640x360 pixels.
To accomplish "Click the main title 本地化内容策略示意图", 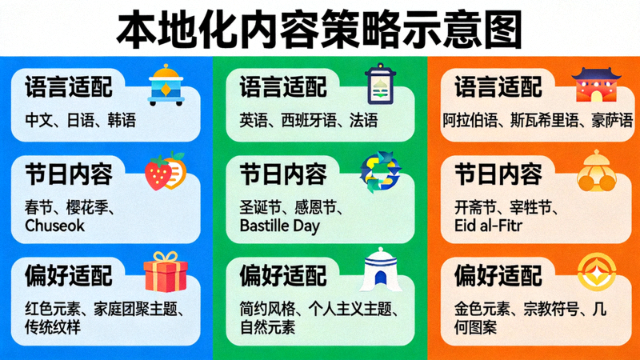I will pyautogui.click(x=320, y=30).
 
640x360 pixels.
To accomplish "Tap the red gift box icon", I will pyautogui.click(x=165, y=270).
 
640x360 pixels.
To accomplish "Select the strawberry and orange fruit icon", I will pyautogui.click(x=165, y=172).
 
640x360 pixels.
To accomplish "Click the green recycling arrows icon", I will pyautogui.click(x=380, y=172).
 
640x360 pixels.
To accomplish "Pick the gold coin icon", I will pyautogui.click(x=595, y=272).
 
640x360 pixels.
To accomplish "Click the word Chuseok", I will pyautogui.click(x=54, y=226).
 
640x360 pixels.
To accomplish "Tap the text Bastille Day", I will pyautogui.click(x=280, y=226).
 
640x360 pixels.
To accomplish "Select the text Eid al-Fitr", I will pyautogui.click(x=489, y=226).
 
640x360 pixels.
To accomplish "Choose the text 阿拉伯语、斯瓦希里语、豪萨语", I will pyautogui.click(x=538, y=121).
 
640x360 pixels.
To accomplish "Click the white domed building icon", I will pyautogui.click(x=380, y=270).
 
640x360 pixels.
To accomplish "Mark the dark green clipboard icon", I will pyautogui.click(x=380, y=85).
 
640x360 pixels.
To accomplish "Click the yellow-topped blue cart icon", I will pyautogui.click(x=165, y=85).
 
